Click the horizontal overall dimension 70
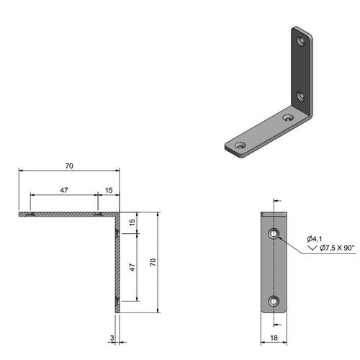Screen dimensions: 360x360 [x=69, y=166]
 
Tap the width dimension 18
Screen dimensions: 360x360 [x=274, y=336]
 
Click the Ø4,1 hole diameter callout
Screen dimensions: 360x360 [x=313, y=238]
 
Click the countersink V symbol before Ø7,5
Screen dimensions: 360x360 [x=312, y=248]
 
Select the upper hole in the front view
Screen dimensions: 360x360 [x=274, y=233]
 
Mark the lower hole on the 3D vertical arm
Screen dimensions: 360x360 [x=301, y=96]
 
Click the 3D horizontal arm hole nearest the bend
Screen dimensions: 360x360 [x=288, y=117]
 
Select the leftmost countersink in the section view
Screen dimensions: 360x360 [x=30, y=215]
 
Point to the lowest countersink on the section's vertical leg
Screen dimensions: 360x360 [x=117, y=299]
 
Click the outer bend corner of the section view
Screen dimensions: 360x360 [x=120, y=213]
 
